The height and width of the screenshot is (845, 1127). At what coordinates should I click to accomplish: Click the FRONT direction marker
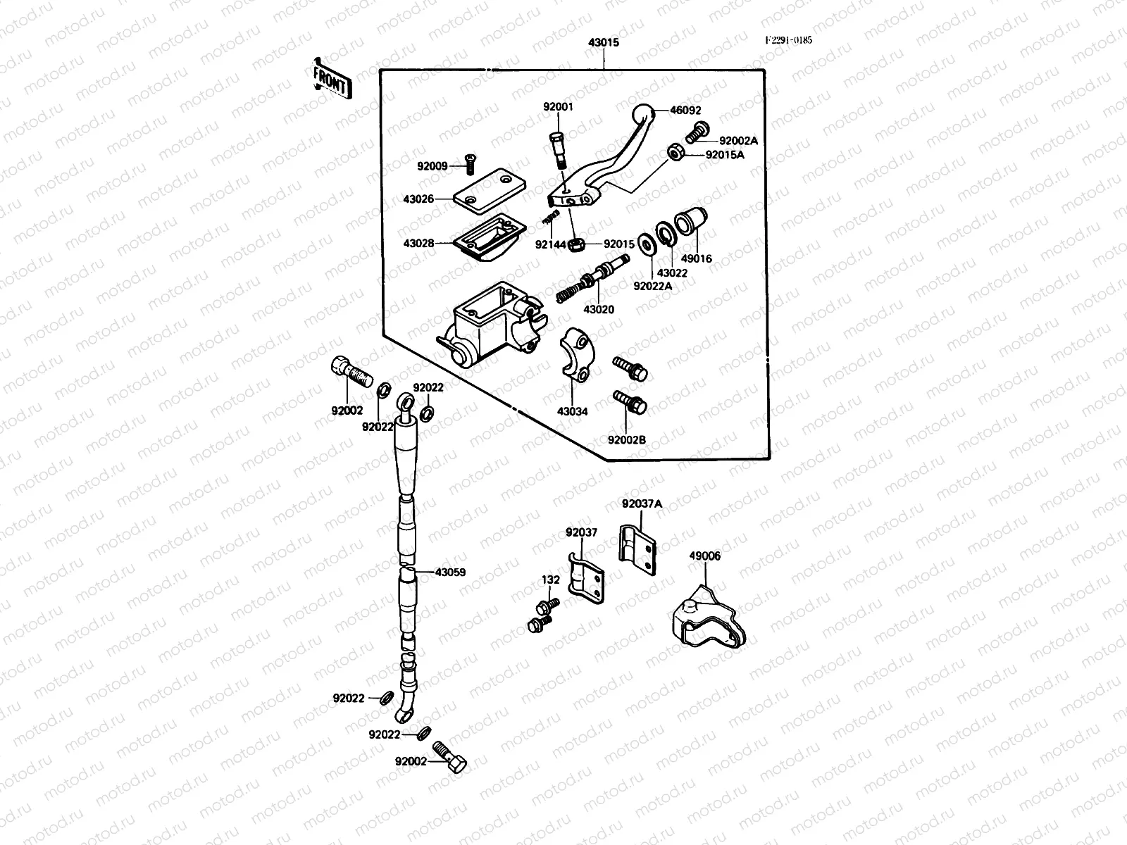click(330, 79)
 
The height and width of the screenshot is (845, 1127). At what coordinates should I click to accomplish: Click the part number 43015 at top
click(604, 42)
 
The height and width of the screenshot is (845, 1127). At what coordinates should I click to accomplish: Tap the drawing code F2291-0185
click(789, 40)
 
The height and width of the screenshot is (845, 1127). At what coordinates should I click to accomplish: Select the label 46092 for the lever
click(685, 111)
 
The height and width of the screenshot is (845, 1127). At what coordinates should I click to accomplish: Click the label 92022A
click(652, 286)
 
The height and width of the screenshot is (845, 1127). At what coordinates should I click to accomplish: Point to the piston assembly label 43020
click(598, 309)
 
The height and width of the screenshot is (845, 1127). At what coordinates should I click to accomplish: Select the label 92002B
click(626, 440)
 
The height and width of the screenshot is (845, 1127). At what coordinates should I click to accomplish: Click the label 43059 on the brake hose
click(450, 572)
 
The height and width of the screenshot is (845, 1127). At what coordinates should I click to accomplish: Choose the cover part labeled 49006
click(706, 618)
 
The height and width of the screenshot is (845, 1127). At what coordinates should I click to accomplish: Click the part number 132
click(551, 580)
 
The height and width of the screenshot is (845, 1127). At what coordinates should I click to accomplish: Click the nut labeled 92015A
click(675, 151)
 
